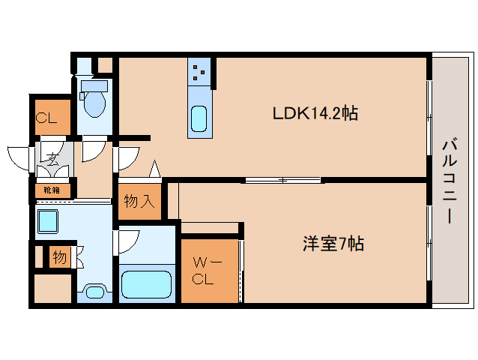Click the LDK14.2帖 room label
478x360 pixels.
314,114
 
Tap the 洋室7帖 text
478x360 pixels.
333,244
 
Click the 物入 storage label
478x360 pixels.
139,201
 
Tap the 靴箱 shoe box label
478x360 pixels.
52,190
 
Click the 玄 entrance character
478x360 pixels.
52,159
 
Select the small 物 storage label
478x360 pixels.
59,258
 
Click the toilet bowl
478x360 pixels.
94,102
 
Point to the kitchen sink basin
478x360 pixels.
199,118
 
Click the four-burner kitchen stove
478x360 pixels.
199,71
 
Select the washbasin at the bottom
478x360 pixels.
94,292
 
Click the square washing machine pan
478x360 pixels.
49,221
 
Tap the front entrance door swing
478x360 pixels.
19,156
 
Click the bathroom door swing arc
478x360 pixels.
127,240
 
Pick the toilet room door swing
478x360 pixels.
94,150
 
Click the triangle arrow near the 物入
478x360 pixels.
155,169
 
